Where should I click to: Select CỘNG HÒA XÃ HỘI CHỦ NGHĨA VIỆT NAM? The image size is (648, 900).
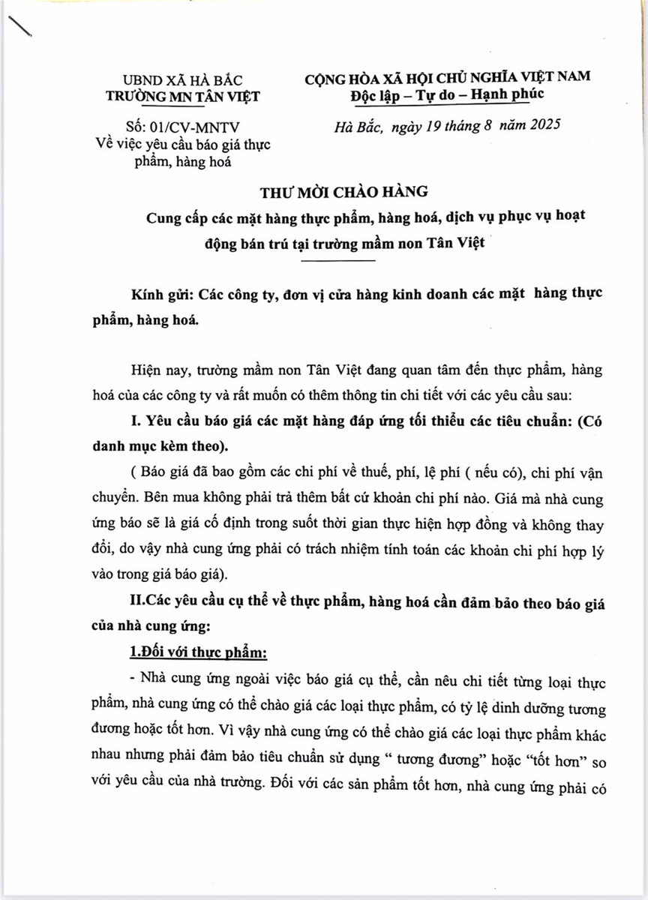(x=447, y=76)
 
